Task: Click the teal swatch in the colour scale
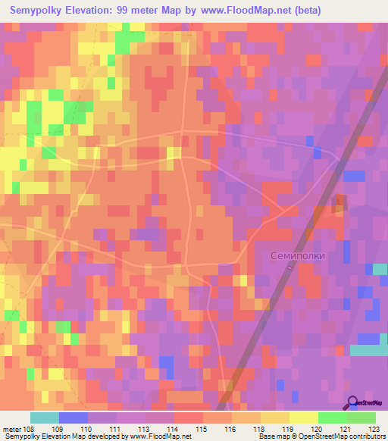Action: point(45,418)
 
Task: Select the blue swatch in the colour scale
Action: point(74,418)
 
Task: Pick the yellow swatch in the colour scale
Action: point(303,418)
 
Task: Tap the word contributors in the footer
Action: point(365,436)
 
